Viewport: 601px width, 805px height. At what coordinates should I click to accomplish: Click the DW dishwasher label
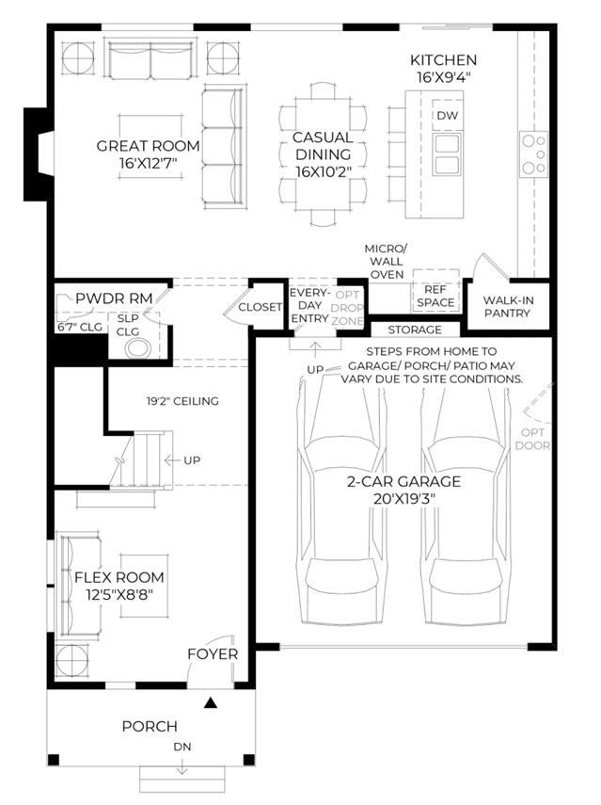coord(447,116)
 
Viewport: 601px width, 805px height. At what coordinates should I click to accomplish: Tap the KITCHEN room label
coord(444,60)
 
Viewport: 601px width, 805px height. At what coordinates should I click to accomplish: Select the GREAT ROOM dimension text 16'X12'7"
coord(149,164)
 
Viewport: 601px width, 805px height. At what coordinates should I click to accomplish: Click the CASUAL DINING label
coord(323,146)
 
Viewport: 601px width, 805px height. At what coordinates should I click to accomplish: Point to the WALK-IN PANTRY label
coord(507,307)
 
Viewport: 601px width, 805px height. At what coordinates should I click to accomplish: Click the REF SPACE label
coord(435,297)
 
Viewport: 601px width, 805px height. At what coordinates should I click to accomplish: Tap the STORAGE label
coord(415,330)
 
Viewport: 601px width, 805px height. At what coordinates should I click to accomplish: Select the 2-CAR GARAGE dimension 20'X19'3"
coord(404,498)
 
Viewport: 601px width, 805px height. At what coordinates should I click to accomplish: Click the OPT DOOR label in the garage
coord(532,439)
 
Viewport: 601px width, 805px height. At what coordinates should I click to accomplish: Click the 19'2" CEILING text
coord(182,401)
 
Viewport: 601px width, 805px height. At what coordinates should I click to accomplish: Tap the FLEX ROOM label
coord(119,577)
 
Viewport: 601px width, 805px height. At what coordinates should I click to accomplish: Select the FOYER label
coord(213,654)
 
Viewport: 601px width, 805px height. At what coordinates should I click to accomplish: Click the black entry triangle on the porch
coord(211,702)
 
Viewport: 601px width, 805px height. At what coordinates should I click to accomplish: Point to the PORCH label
coord(150,727)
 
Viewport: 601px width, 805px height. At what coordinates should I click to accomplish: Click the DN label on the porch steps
coord(182,747)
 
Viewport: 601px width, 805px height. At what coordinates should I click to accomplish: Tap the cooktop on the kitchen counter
coord(534,154)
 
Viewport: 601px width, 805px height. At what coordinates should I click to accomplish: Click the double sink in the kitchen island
coord(447,154)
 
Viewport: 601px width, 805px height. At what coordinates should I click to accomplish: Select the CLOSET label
coord(260,307)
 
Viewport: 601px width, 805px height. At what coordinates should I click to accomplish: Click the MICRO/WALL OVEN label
coord(387,262)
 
